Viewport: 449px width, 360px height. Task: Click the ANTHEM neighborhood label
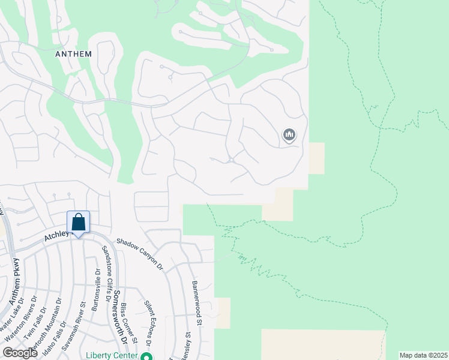(x=73, y=54)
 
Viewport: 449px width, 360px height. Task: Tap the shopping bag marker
(x=79, y=221)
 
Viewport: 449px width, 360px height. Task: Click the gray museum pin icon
(x=289, y=136)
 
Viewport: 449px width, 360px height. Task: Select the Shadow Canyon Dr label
(x=140, y=253)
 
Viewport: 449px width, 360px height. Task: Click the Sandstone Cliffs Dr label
(x=109, y=274)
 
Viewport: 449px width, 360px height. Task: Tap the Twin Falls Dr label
(x=37, y=324)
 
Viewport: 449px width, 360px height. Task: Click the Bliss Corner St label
(x=129, y=324)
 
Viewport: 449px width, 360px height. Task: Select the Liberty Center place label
(x=112, y=355)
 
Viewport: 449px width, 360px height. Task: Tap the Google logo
(x=20, y=353)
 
